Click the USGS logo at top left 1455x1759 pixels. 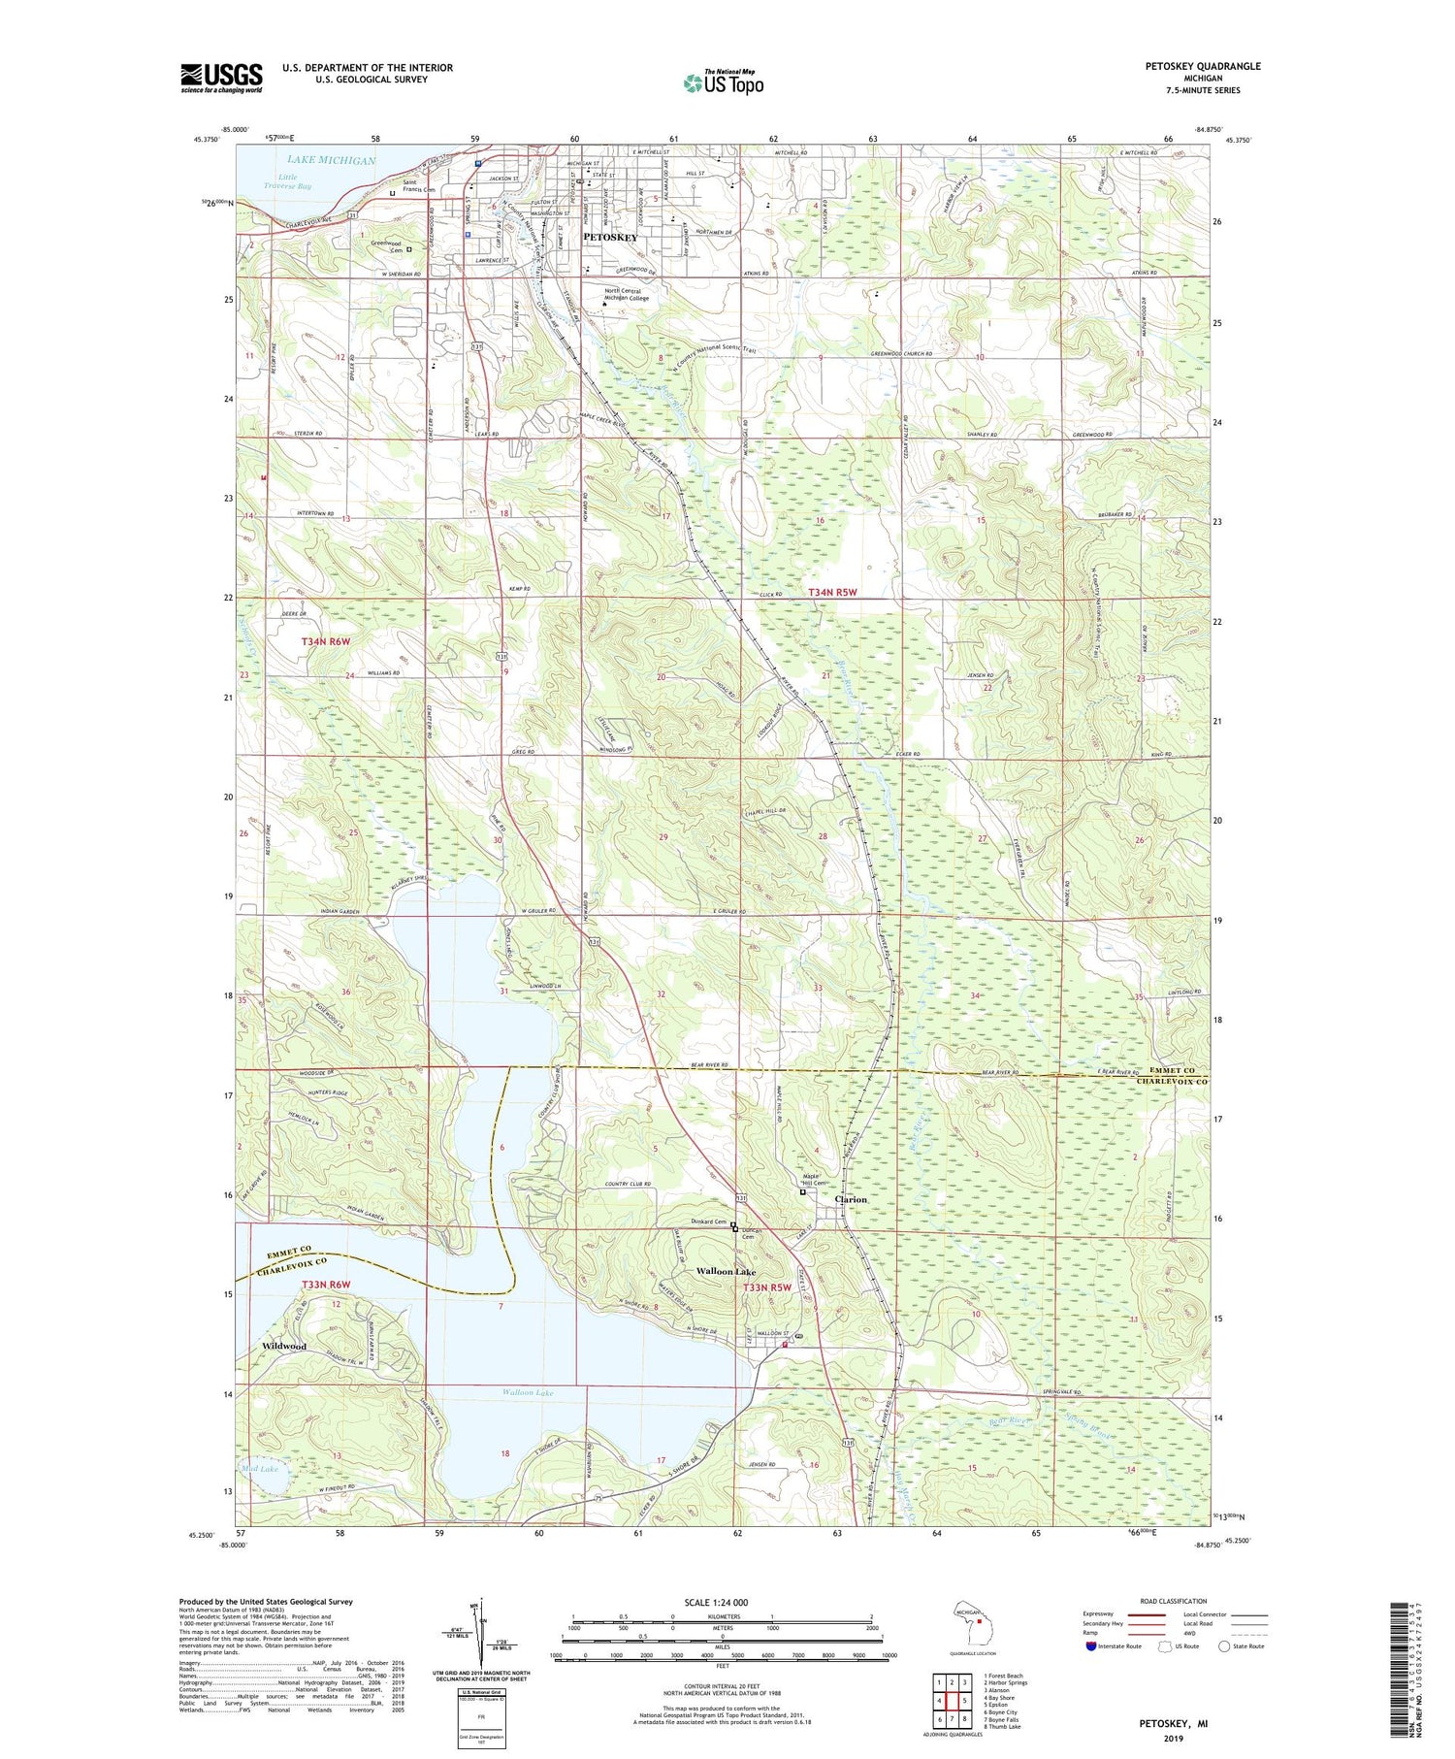click(221, 78)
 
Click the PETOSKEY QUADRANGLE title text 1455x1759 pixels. click(1203, 66)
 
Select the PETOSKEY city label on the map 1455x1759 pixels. click(610, 237)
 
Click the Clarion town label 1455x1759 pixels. click(851, 1199)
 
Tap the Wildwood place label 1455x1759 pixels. click(284, 1347)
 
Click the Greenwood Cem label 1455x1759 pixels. click(387, 247)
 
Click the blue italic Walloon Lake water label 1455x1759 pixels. click(528, 1393)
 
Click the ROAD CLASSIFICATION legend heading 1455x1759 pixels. click(1174, 1601)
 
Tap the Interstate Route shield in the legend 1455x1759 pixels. click(1091, 1646)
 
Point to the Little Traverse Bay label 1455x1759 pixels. click(294, 181)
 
